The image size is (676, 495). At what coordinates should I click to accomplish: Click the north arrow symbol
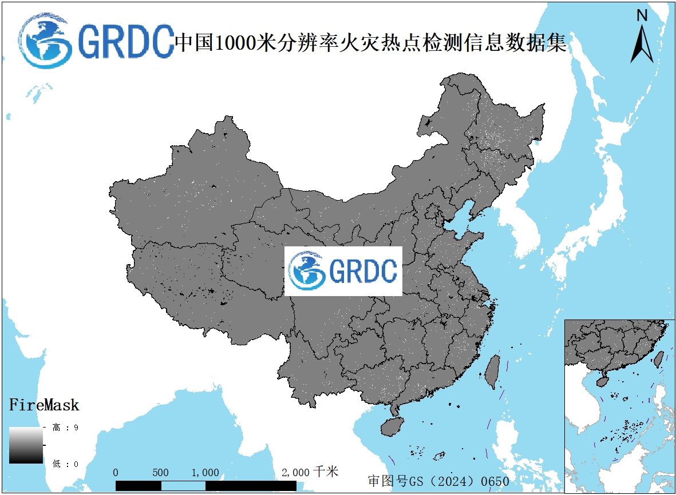pos(642,43)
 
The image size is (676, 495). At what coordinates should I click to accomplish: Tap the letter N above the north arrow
pos(642,16)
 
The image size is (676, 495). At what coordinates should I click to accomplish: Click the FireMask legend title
pos(44,406)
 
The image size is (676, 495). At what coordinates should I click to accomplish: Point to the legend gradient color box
pos(26,445)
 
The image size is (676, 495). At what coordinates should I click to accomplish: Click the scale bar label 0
pos(116,473)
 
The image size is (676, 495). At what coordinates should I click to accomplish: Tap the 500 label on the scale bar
pos(161,473)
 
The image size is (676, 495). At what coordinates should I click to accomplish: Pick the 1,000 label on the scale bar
pos(205,473)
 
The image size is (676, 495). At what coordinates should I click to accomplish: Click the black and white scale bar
pos(206,485)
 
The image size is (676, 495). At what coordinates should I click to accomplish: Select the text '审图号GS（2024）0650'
pos(438,481)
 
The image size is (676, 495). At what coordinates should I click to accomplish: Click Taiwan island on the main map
pos(492,372)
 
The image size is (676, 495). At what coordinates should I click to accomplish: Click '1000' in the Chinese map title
pos(234,43)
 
